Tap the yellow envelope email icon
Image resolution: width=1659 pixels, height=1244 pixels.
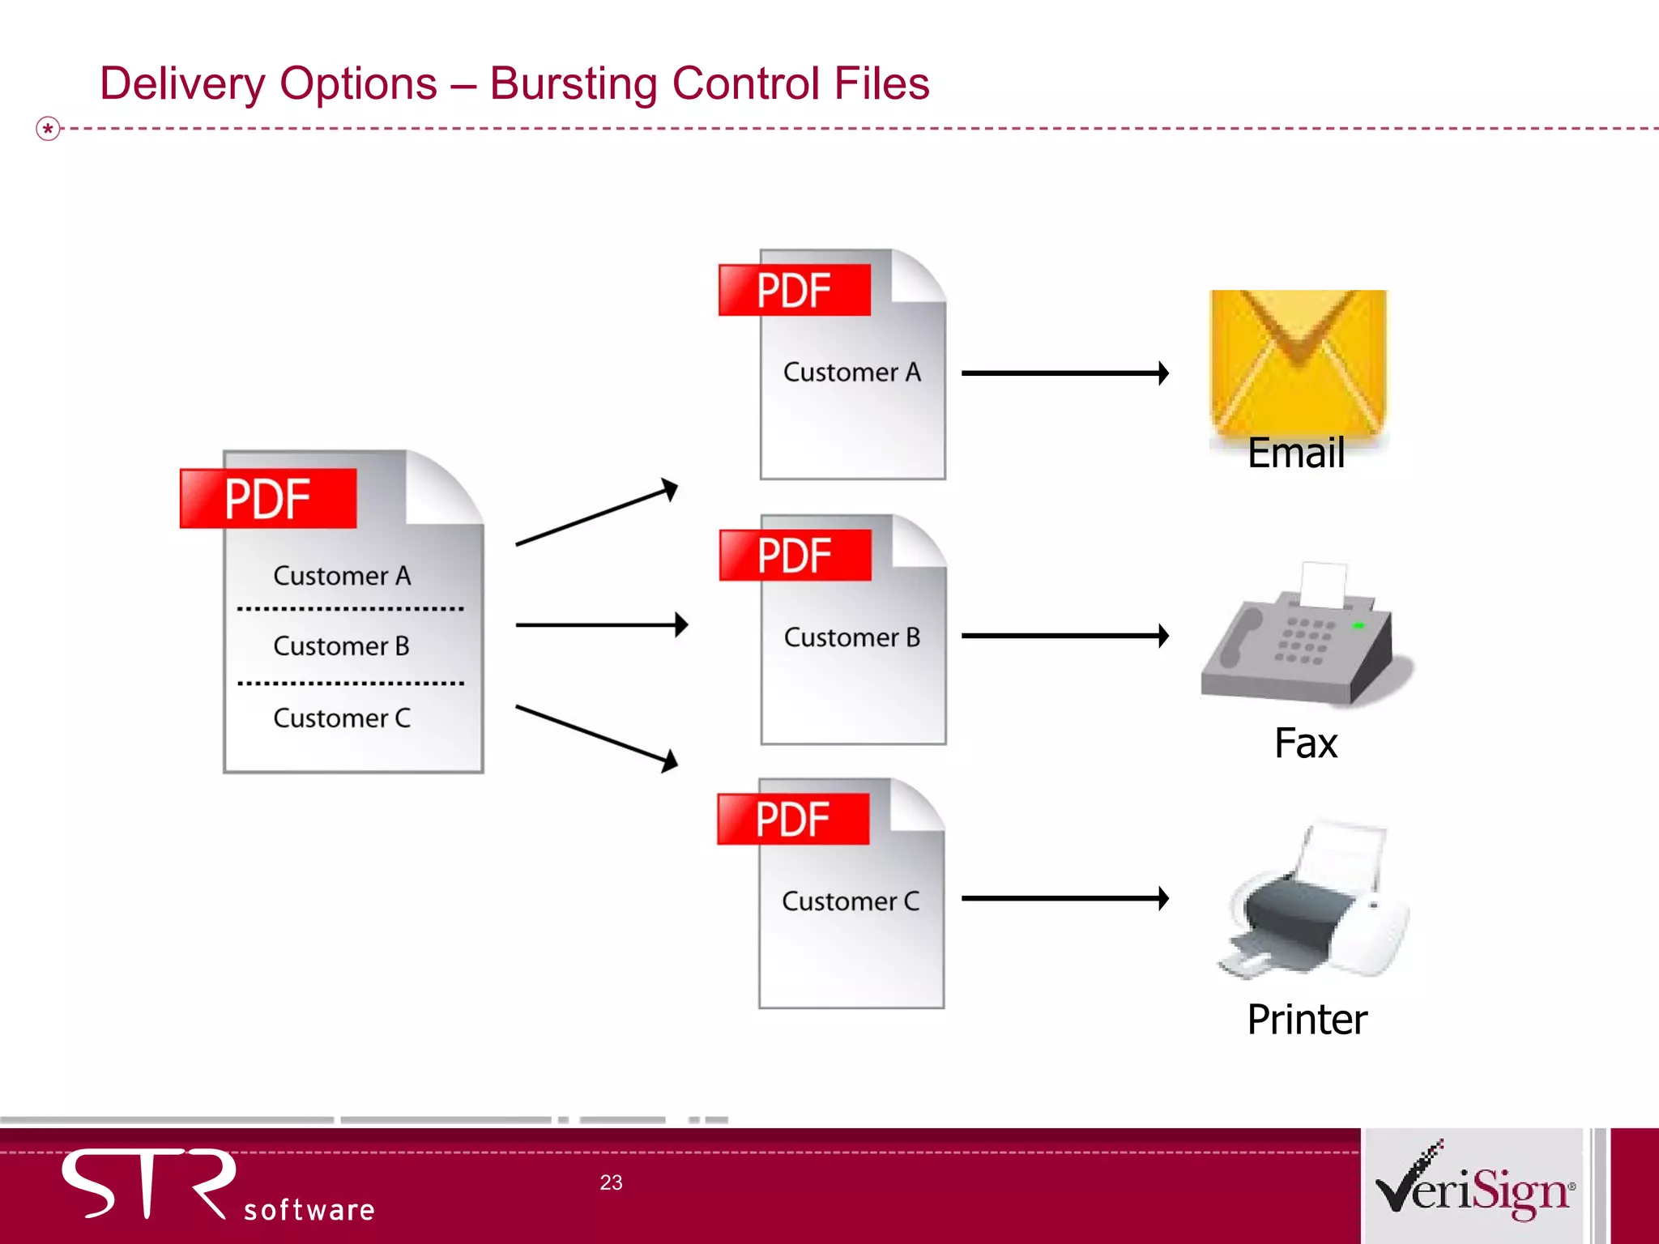[x=1298, y=360]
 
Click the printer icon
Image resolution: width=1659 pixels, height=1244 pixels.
[x=1314, y=903]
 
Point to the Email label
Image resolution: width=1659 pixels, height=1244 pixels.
[x=1296, y=453]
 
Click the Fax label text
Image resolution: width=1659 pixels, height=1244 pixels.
[x=1305, y=743]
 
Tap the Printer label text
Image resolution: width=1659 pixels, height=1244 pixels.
[x=1307, y=1020]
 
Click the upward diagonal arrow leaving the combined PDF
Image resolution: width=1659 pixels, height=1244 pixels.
[x=596, y=513]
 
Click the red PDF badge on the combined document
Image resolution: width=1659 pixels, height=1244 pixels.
[x=268, y=499]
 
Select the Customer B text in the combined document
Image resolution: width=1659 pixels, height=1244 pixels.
[x=341, y=646]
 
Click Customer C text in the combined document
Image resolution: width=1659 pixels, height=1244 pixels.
[x=342, y=718]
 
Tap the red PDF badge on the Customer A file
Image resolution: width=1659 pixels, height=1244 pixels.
[x=795, y=291]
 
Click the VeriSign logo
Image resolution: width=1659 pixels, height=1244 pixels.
[x=1474, y=1186]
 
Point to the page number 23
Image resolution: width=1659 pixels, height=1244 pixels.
[x=611, y=1182]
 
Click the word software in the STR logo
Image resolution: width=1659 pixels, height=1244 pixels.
[x=309, y=1210]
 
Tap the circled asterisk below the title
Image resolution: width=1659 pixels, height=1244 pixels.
[x=49, y=129]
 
